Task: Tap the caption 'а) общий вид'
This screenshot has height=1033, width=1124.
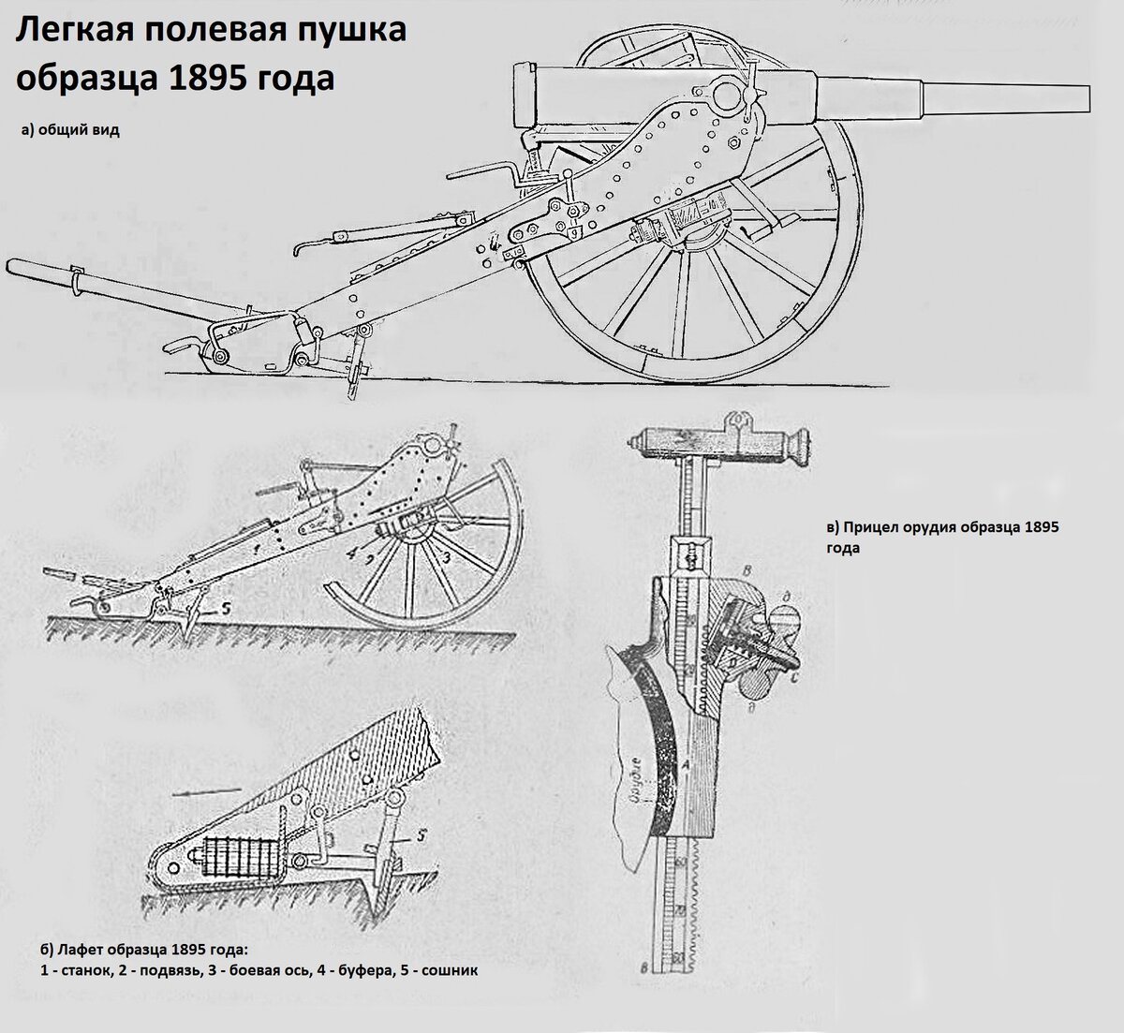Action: [70, 131]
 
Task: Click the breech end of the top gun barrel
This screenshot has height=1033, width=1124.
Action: [525, 94]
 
